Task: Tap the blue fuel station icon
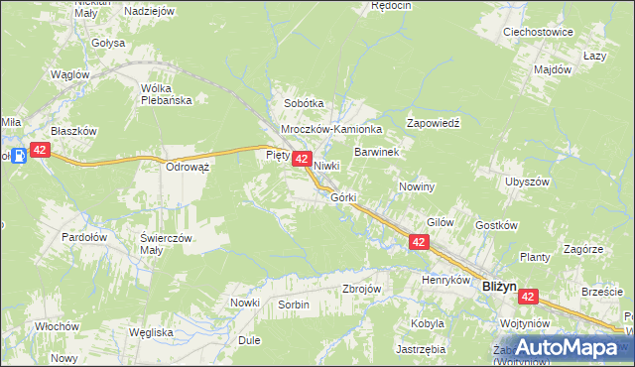coord(17,155)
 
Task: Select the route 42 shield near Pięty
coord(303,159)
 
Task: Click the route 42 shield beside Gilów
coord(419,242)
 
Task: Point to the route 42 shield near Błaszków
coord(40,150)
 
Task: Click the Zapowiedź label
coord(435,123)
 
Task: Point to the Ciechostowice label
coord(539,32)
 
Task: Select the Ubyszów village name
coord(527,183)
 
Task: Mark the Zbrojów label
coord(361,288)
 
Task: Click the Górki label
coord(343,197)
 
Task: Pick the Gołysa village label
coord(108,44)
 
